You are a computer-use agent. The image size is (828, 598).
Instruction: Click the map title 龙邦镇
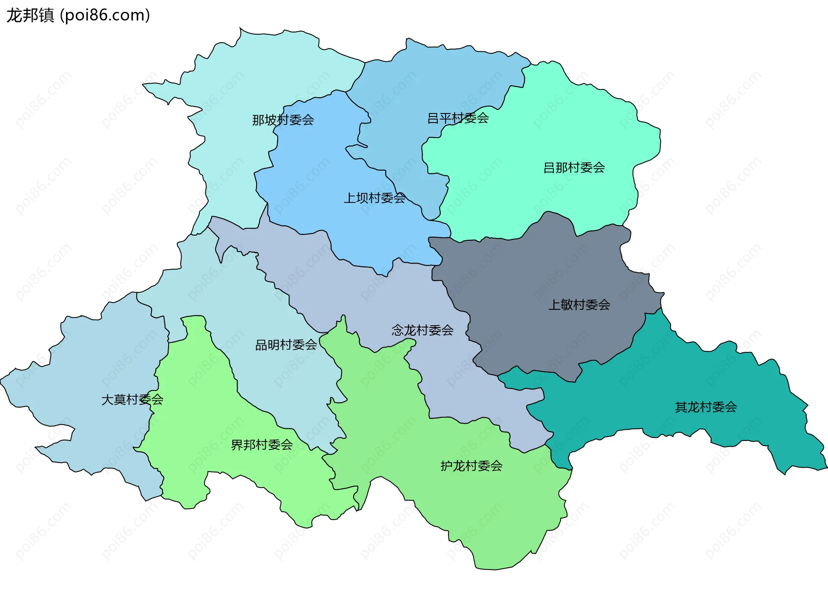click(30, 16)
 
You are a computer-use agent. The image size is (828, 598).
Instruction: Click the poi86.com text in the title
click(105, 16)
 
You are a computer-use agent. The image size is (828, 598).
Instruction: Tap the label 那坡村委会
click(283, 120)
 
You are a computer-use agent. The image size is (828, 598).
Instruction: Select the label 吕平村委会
click(458, 118)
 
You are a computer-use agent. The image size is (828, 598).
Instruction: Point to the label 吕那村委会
click(574, 167)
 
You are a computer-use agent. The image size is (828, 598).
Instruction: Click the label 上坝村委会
click(374, 198)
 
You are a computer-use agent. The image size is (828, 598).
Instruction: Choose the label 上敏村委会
click(579, 305)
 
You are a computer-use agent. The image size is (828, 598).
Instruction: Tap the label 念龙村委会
click(422, 330)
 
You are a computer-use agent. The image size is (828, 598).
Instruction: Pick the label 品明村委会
click(286, 345)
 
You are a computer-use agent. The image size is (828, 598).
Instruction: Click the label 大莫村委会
click(132, 400)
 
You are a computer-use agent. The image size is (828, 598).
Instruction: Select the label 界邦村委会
click(262, 445)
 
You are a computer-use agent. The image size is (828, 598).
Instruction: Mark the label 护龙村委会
click(471, 466)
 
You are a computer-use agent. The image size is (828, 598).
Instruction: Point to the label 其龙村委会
click(706, 407)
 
